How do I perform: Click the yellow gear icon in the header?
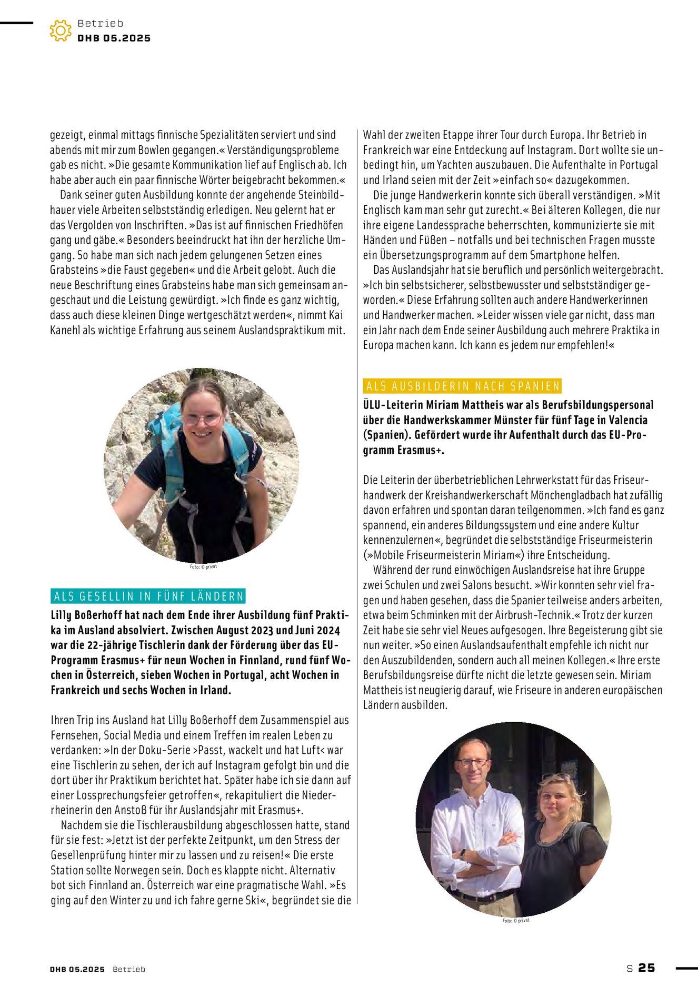(61, 31)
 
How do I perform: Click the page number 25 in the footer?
(646, 968)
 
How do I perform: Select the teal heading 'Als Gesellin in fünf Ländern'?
(149, 596)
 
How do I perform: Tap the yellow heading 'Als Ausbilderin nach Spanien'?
(463, 386)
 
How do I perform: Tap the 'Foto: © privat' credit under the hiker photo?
(203, 567)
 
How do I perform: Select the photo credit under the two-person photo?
(516, 921)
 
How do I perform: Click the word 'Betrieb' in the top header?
(100, 23)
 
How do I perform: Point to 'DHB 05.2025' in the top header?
(114, 38)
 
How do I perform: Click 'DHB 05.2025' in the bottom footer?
(77, 969)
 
